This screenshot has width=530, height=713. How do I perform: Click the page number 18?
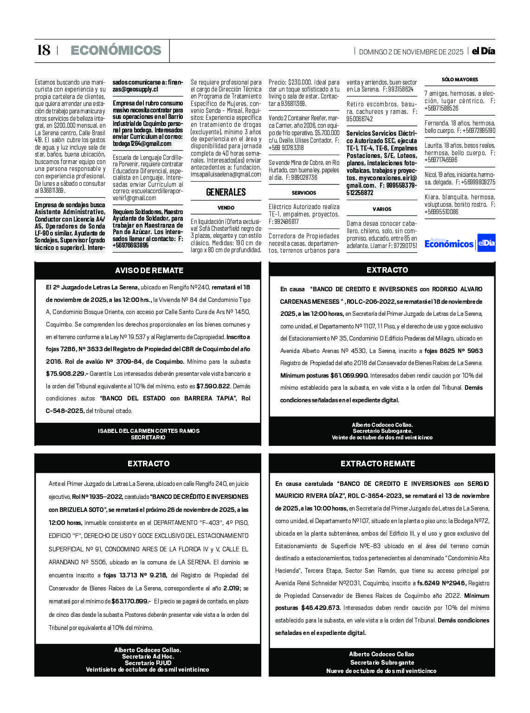coord(43,50)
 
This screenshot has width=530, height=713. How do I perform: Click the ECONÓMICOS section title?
coord(116,50)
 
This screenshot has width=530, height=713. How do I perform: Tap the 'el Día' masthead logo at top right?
coord(483,51)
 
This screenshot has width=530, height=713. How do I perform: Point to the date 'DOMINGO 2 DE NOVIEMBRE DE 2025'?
coord(411,52)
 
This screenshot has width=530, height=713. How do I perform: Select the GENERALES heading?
coord(226,192)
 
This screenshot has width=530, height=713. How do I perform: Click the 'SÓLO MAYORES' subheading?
coord(459,79)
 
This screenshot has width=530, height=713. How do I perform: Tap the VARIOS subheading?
coord(381,209)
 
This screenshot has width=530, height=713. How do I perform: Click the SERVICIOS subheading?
coord(304,193)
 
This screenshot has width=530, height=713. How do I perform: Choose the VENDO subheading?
coord(226,208)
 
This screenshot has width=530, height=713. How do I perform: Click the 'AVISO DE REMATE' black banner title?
coord(149,270)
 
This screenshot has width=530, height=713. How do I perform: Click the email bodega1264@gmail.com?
coord(142,144)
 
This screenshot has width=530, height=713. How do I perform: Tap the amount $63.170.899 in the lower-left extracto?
coord(130,601)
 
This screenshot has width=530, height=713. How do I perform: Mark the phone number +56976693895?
coord(130,245)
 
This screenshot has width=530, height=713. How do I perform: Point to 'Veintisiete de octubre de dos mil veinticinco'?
coord(147,669)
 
